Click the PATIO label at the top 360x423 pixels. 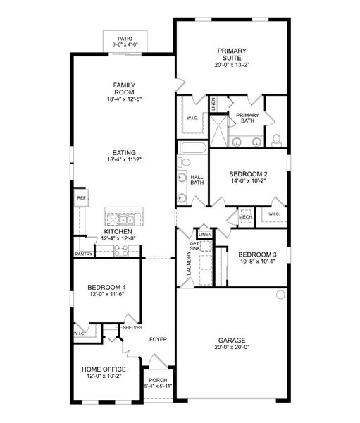(126, 39)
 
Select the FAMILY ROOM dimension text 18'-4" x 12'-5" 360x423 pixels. (124, 99)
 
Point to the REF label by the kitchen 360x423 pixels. (81, 199)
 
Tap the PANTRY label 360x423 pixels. (83, 254)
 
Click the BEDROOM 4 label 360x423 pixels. (106, 287)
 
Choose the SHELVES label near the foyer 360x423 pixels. (132, 327)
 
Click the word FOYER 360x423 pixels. (158, 339)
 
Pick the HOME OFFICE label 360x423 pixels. (104, 369)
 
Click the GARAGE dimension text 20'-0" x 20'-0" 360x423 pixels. (231, 346)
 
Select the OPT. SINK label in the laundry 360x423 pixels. (195, 246)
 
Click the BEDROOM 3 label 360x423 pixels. (257, 255)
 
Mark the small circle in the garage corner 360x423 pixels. (280, 293)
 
